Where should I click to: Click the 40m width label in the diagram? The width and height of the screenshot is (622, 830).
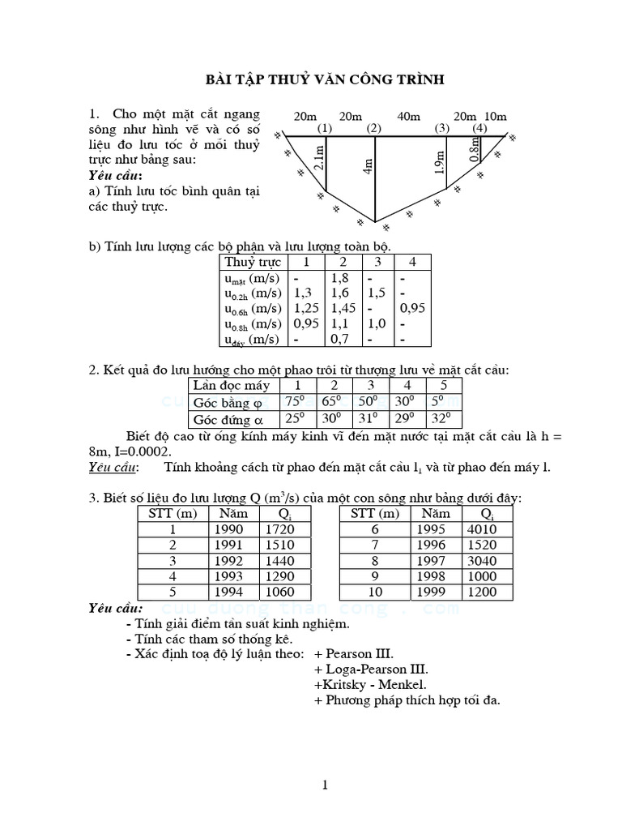pos(408,117)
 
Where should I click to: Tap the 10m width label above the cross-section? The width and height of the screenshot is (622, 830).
pos(495,117)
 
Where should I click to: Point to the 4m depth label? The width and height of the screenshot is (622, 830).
pos(369,167)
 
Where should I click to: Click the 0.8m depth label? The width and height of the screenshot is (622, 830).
pos(475,148)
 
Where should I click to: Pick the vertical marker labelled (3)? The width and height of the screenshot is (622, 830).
pos(441,129)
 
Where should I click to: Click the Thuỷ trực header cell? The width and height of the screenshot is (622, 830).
pos(253,262)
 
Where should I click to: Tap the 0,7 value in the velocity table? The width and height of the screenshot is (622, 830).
pos(339,339)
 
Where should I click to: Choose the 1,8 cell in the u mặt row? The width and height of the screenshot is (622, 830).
pos(339,277)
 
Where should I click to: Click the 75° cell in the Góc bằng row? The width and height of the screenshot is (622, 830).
pos(293,402)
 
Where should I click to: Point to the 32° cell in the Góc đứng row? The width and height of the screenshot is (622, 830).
pos(441,419)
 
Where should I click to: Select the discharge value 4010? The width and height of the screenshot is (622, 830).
pos(497,529)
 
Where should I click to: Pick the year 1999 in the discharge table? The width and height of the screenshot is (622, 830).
pos(435,592)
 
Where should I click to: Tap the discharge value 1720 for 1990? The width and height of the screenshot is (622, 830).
pos(280,529)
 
